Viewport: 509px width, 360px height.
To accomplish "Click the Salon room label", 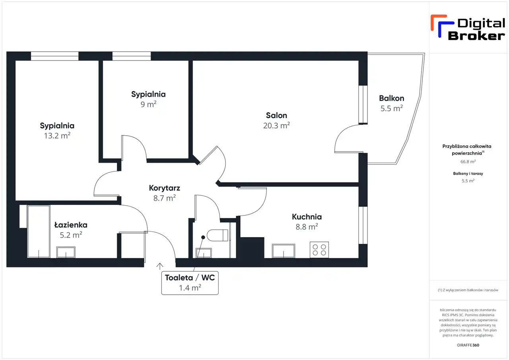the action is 276,115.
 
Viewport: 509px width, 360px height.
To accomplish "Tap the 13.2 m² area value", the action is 57,136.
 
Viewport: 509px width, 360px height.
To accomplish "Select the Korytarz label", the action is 165,188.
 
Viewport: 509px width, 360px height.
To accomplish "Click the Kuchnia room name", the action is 307,217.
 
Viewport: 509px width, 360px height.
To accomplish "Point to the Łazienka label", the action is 71,225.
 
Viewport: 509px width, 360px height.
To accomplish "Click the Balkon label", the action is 392,98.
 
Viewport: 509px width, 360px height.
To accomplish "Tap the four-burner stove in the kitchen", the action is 319,250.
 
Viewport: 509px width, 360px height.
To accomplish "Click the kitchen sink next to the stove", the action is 284,251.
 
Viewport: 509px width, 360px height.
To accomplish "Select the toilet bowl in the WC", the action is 218,235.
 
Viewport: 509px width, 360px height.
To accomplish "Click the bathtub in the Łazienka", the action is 39,232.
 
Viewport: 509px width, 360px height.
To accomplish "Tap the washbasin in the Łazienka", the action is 66,252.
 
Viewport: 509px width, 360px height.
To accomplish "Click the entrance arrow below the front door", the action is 160,266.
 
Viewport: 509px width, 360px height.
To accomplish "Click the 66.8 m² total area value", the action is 468,162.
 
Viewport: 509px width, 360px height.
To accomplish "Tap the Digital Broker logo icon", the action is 442,26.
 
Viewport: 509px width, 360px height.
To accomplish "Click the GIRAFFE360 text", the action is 468,345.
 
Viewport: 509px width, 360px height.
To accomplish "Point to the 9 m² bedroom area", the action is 148,104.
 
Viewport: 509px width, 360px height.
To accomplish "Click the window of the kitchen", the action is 363,225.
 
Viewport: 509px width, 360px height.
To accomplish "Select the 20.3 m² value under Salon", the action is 276,125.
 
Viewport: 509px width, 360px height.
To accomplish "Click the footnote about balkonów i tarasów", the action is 468,290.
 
